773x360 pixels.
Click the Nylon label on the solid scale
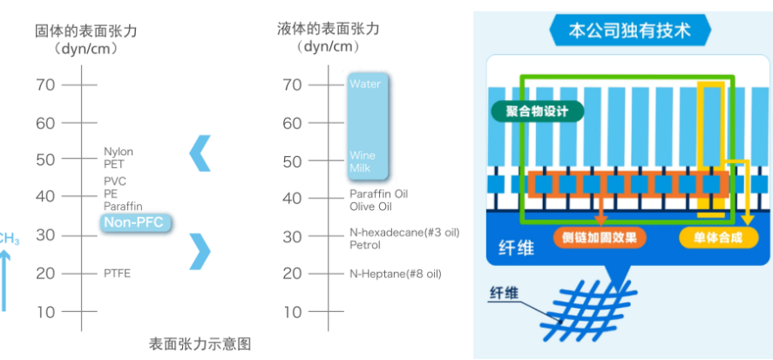[119, 152]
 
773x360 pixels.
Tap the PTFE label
[118, 273]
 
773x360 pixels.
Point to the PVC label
[115, 180]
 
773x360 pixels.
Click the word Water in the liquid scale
[365, 85]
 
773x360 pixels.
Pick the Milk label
[361, 167]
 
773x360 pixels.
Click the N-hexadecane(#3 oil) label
[404, 233]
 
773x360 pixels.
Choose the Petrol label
[365, 245]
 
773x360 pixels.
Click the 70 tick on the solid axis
[45, 85]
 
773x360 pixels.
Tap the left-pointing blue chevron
[200, 153]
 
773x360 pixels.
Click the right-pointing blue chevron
[200, 251]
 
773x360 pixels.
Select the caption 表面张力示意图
[200, 343]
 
